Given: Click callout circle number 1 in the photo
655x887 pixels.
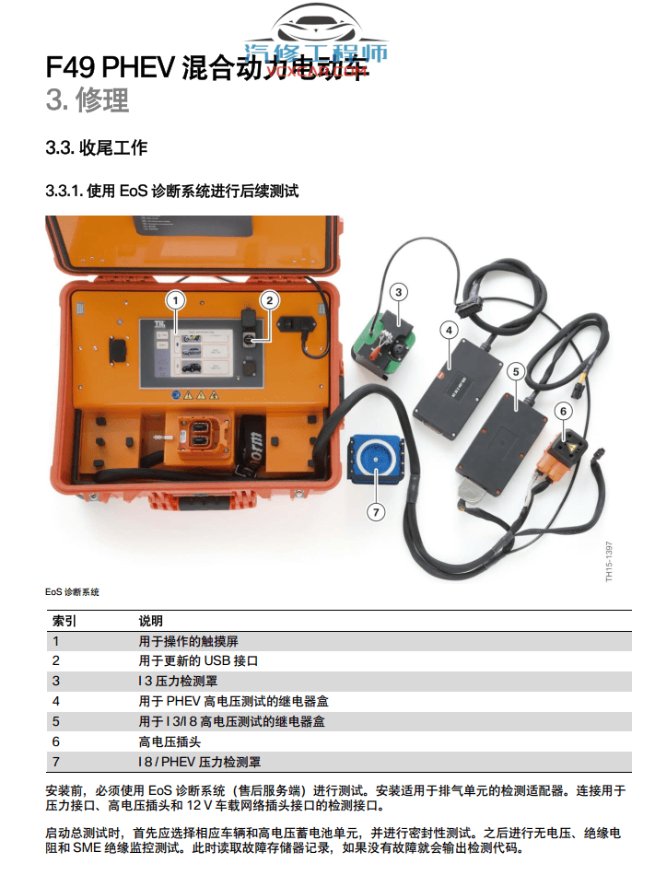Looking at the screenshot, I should [176, 299].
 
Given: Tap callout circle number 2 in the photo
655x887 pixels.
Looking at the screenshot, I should [269, 298].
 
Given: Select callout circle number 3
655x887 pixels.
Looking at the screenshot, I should [398, 293].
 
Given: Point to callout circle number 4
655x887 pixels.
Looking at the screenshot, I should [449, 329].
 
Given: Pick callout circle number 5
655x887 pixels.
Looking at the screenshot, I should [516, 371].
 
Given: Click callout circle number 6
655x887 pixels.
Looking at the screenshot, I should [564, 411].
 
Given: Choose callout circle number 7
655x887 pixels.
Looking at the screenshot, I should [375, 509].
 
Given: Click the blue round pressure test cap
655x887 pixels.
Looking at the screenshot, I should [376, 461].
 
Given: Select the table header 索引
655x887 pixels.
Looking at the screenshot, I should [64, 621].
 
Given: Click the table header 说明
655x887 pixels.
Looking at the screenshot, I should [151, 621].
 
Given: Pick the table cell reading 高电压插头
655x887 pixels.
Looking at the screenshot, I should [170, 741].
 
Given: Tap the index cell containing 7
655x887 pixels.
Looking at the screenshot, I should [55, 762].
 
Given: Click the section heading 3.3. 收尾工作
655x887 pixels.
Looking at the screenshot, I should [96, 148].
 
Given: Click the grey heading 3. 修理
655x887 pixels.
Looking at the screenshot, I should [88, 99].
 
